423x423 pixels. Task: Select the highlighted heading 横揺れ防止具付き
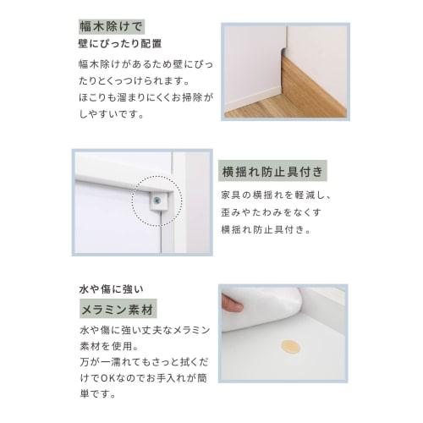click(x=270, y=173)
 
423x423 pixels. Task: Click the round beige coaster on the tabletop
click(x=290, y=348)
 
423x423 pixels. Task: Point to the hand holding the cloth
click(x=232, y=303)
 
